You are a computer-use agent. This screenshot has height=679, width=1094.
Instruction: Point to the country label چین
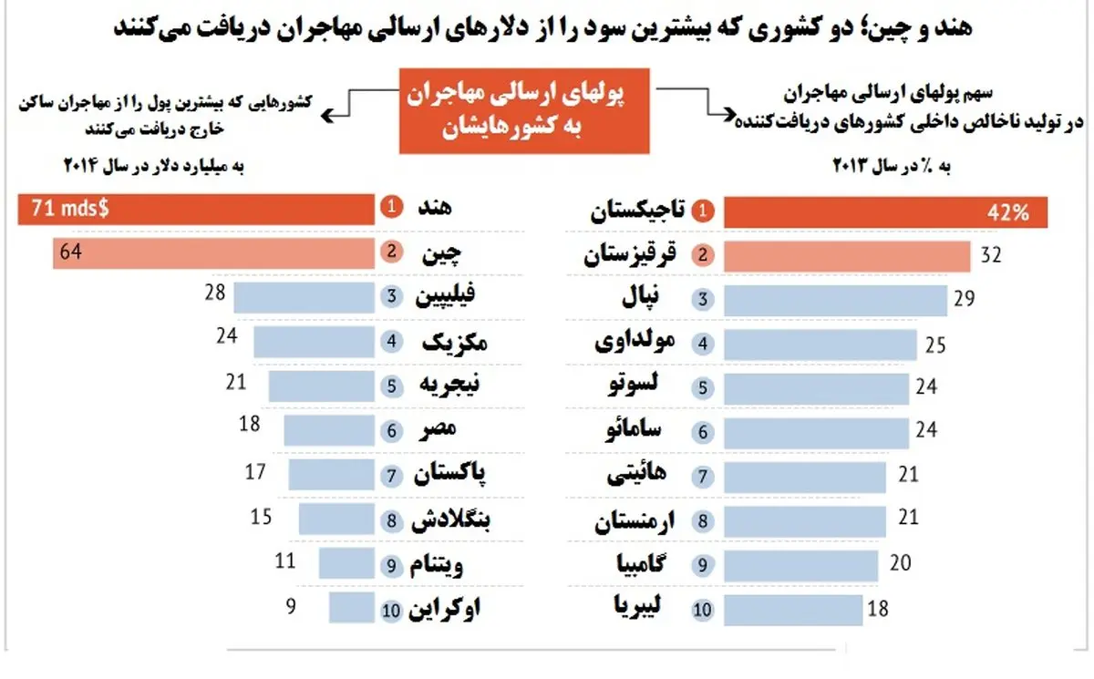(438, 253)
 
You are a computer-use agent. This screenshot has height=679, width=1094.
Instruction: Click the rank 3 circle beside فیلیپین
(390, 296)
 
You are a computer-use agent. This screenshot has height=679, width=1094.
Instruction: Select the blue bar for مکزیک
(315, 341)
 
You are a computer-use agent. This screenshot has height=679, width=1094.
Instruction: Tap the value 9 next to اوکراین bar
(291, 604)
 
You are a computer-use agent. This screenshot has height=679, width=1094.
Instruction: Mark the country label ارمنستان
(638, 522)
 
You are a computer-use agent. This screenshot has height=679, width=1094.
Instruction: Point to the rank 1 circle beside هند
(390, 208)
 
